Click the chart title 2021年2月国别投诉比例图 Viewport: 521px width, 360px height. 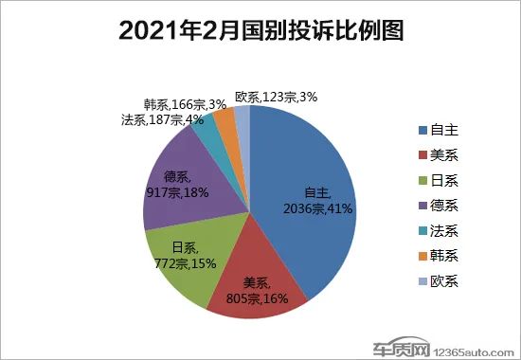point(260,32)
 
